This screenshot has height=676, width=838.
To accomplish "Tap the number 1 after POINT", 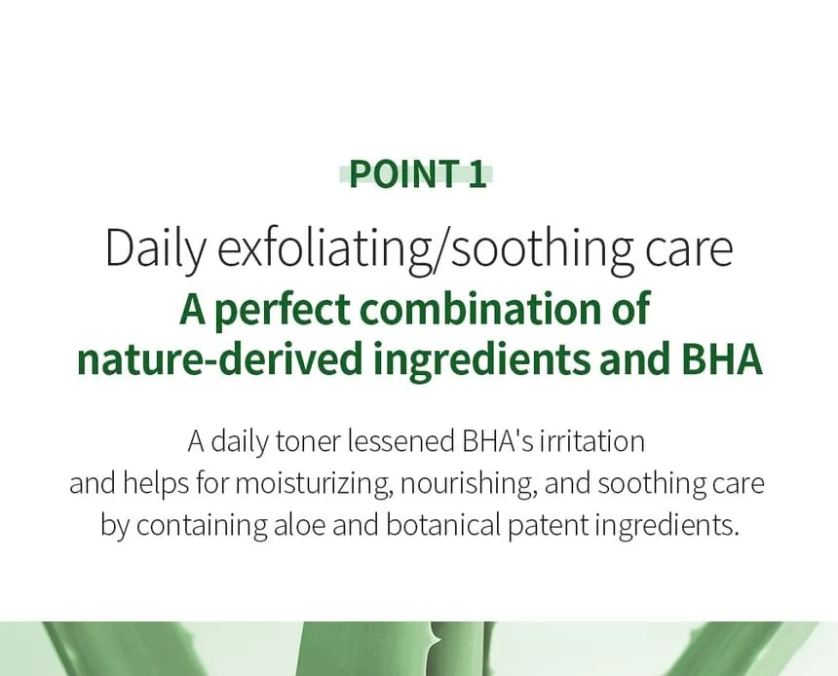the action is click(477, 174).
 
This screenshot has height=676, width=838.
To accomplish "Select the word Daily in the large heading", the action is click(155, 249).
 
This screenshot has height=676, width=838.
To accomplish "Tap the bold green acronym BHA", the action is click(721, 359).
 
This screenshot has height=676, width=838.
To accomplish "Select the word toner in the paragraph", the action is click(308, 442).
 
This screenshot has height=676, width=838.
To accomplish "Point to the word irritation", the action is click(591, 441).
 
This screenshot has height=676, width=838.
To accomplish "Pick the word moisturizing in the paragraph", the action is click(313, 484).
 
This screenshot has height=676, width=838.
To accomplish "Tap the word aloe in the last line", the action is click(299, 525).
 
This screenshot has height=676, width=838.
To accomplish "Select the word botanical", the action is click(443, 525).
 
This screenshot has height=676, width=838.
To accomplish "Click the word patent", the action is click(548, 526).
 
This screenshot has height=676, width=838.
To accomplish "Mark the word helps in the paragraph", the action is click(156, 484).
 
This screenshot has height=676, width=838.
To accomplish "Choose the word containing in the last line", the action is click(202, 526).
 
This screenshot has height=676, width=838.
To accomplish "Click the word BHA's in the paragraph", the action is click(497, 441).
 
